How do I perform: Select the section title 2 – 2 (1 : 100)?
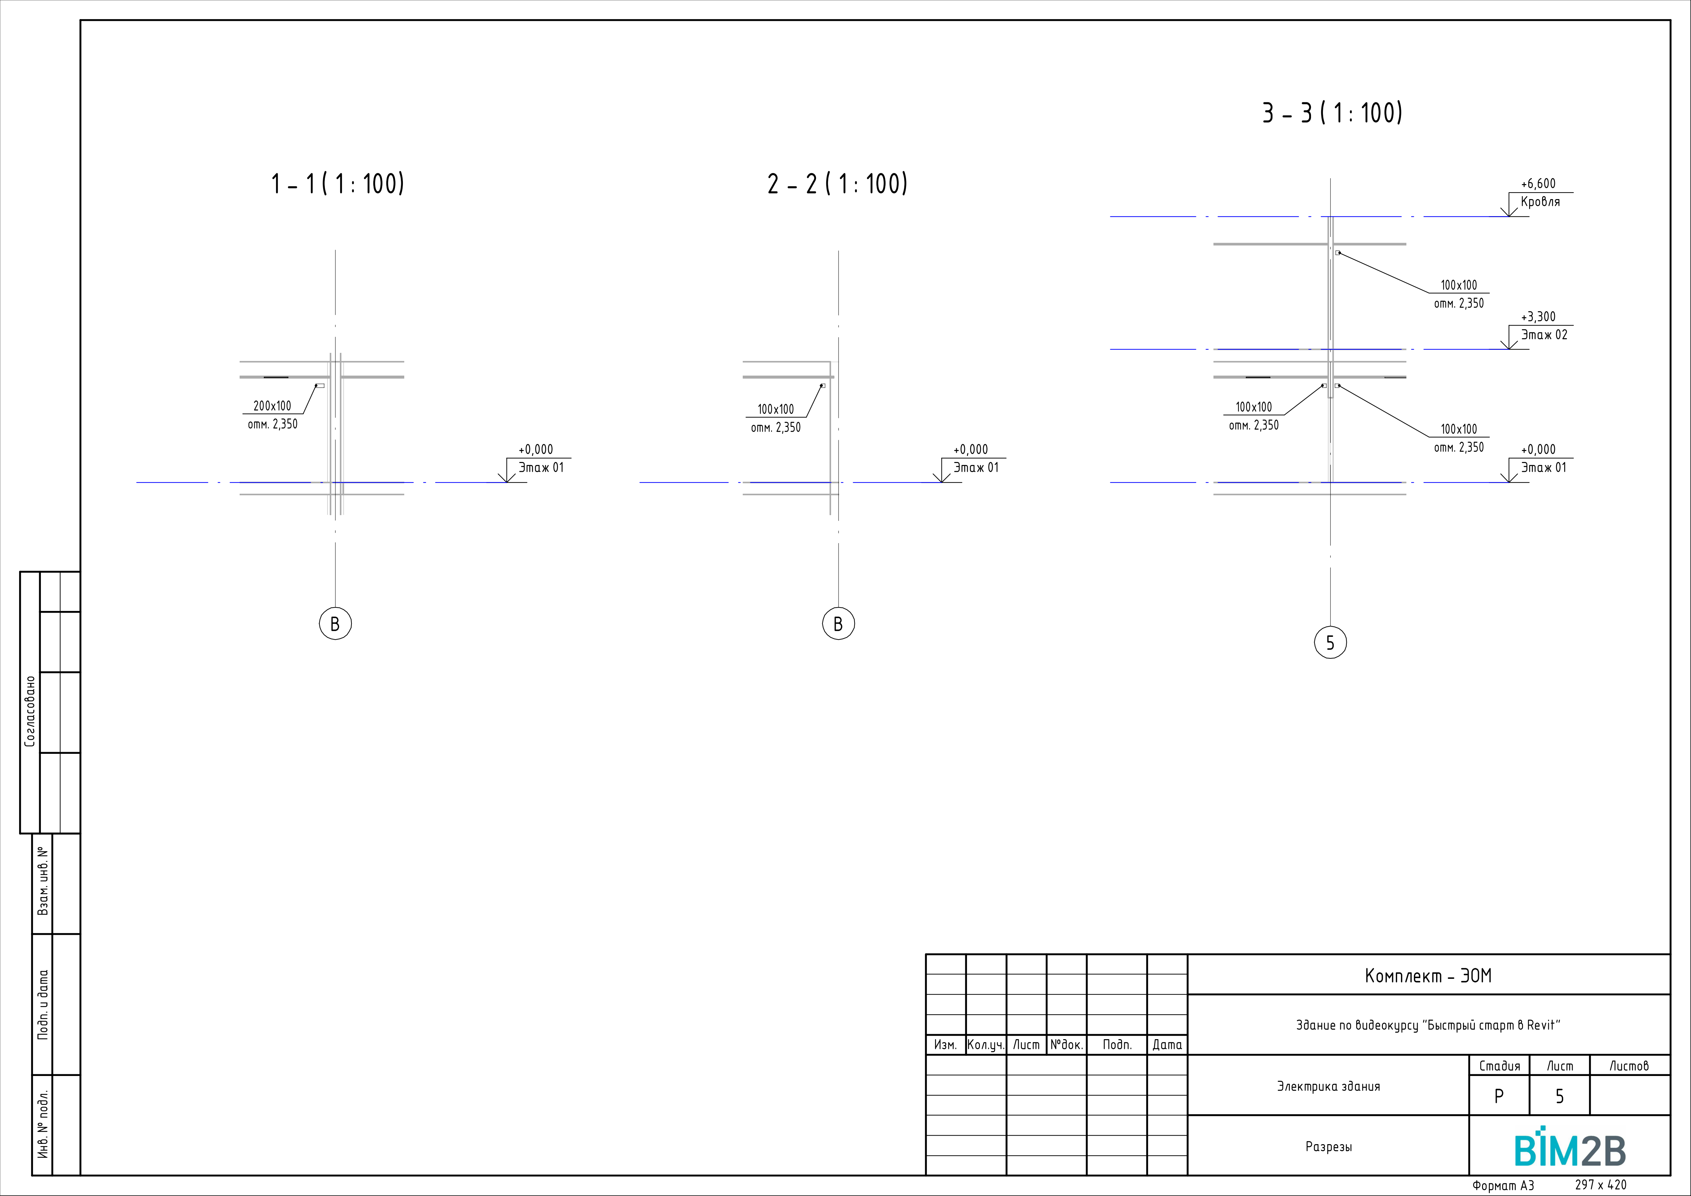click(837, 183)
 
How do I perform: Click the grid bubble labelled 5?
click(1330, 643)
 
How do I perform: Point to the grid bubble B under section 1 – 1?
click(335, 624)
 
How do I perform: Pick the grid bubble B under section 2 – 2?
click(838, 624)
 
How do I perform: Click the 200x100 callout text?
click(272, 406)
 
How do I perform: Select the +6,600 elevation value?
click(1539, 183)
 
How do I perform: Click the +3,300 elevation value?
click(1539, 317)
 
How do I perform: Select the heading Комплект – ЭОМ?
click(1428, 976)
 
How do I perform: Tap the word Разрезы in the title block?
click(1329, 1147)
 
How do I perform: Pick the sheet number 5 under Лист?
click(1559, 1096)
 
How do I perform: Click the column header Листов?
click(1629, 1066)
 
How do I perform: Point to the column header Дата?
click(1167, 1044)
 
